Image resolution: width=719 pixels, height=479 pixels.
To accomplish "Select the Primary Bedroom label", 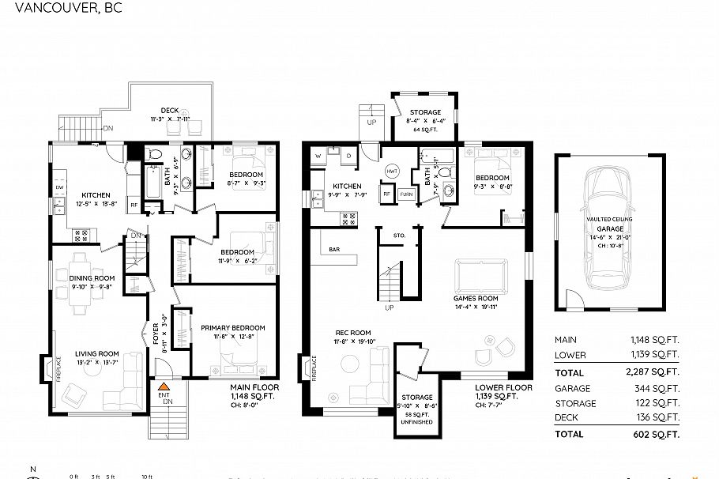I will click(x=232, y=327).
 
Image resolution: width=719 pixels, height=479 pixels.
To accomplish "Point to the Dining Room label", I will click(x=92, y=277).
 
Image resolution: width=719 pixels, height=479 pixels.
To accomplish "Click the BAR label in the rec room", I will click(x=335, y=250).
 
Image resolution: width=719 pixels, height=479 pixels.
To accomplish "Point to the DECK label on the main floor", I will click(x=169, y=111).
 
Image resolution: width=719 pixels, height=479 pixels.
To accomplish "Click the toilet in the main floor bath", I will click(x=156, y=152).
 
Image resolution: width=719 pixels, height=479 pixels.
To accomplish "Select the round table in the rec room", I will click(x=348, y=365).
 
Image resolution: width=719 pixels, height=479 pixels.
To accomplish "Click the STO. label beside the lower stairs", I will click(x=399, y=235).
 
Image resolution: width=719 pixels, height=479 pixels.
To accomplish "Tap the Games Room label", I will click(x=475, y=298).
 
